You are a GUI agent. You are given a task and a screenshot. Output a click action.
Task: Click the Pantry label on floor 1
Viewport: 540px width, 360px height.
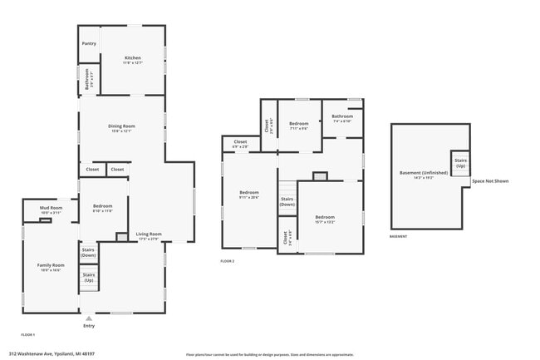click(x=89, y=43)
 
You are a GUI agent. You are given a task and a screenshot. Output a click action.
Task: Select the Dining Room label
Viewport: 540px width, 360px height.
click(x=121, y=128)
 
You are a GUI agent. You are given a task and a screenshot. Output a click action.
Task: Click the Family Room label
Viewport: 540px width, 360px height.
click(x=50, y=267)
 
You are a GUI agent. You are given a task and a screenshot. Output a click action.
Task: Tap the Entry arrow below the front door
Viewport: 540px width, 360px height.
click(x=89, y=317)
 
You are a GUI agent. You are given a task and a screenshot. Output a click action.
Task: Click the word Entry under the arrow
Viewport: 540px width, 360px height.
click(x=89, y=326)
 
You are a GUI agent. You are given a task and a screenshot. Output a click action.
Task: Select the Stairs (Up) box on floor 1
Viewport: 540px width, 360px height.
click(x=89, y=277)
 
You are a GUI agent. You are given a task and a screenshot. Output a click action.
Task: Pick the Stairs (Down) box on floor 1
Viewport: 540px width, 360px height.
click(x=89, y=253)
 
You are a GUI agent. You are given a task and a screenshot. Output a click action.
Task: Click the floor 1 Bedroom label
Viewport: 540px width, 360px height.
click(x=103, y=208)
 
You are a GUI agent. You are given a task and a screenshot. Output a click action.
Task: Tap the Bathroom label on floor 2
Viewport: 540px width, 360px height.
click(x=342, y=118)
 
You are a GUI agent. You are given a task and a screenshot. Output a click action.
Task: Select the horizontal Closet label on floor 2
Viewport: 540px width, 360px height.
click(x=240, y=144)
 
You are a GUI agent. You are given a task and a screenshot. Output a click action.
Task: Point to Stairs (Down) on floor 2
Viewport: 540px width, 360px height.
click(x=287, y=201)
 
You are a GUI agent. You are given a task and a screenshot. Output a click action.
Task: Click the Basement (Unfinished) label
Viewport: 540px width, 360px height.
click(x=424, y=175)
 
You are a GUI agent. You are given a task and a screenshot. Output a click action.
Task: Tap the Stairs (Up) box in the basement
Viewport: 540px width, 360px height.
click(x=459, y=160)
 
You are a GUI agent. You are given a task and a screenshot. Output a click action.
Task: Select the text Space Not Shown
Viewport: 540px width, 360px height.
click(x=490, y=180)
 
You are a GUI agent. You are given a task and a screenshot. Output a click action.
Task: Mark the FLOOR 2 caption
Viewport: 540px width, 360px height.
click(x=228, y=261)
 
